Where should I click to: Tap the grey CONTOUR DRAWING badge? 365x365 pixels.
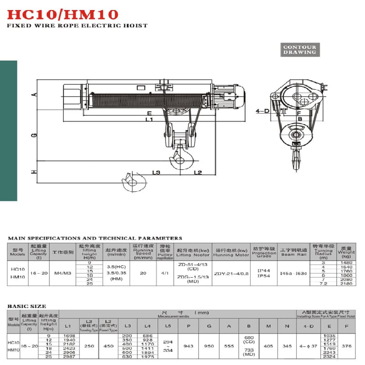[x=299, y=50]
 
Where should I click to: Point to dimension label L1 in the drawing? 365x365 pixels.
[x=149, y=119]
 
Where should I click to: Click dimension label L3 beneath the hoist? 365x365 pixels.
[x=156, y=172]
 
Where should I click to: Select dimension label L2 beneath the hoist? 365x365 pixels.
[x=198, y=172]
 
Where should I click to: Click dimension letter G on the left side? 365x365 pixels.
[x=33, y=136]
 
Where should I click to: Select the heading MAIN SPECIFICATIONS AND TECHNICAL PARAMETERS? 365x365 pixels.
[x=95, y=238]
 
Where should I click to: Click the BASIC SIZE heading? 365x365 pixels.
[x=26, y=306]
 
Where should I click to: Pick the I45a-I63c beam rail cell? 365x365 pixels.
[x=294, y=273]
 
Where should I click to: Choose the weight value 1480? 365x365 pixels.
[x=346, y=263]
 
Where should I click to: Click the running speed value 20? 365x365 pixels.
[x=143, y=273]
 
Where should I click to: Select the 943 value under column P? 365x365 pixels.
[x=188, y=346]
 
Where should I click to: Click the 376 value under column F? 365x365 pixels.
[x=346, y=346]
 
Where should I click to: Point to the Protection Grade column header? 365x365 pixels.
[x=264, y=252]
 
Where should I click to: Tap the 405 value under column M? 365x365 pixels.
[x=268, y=346]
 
